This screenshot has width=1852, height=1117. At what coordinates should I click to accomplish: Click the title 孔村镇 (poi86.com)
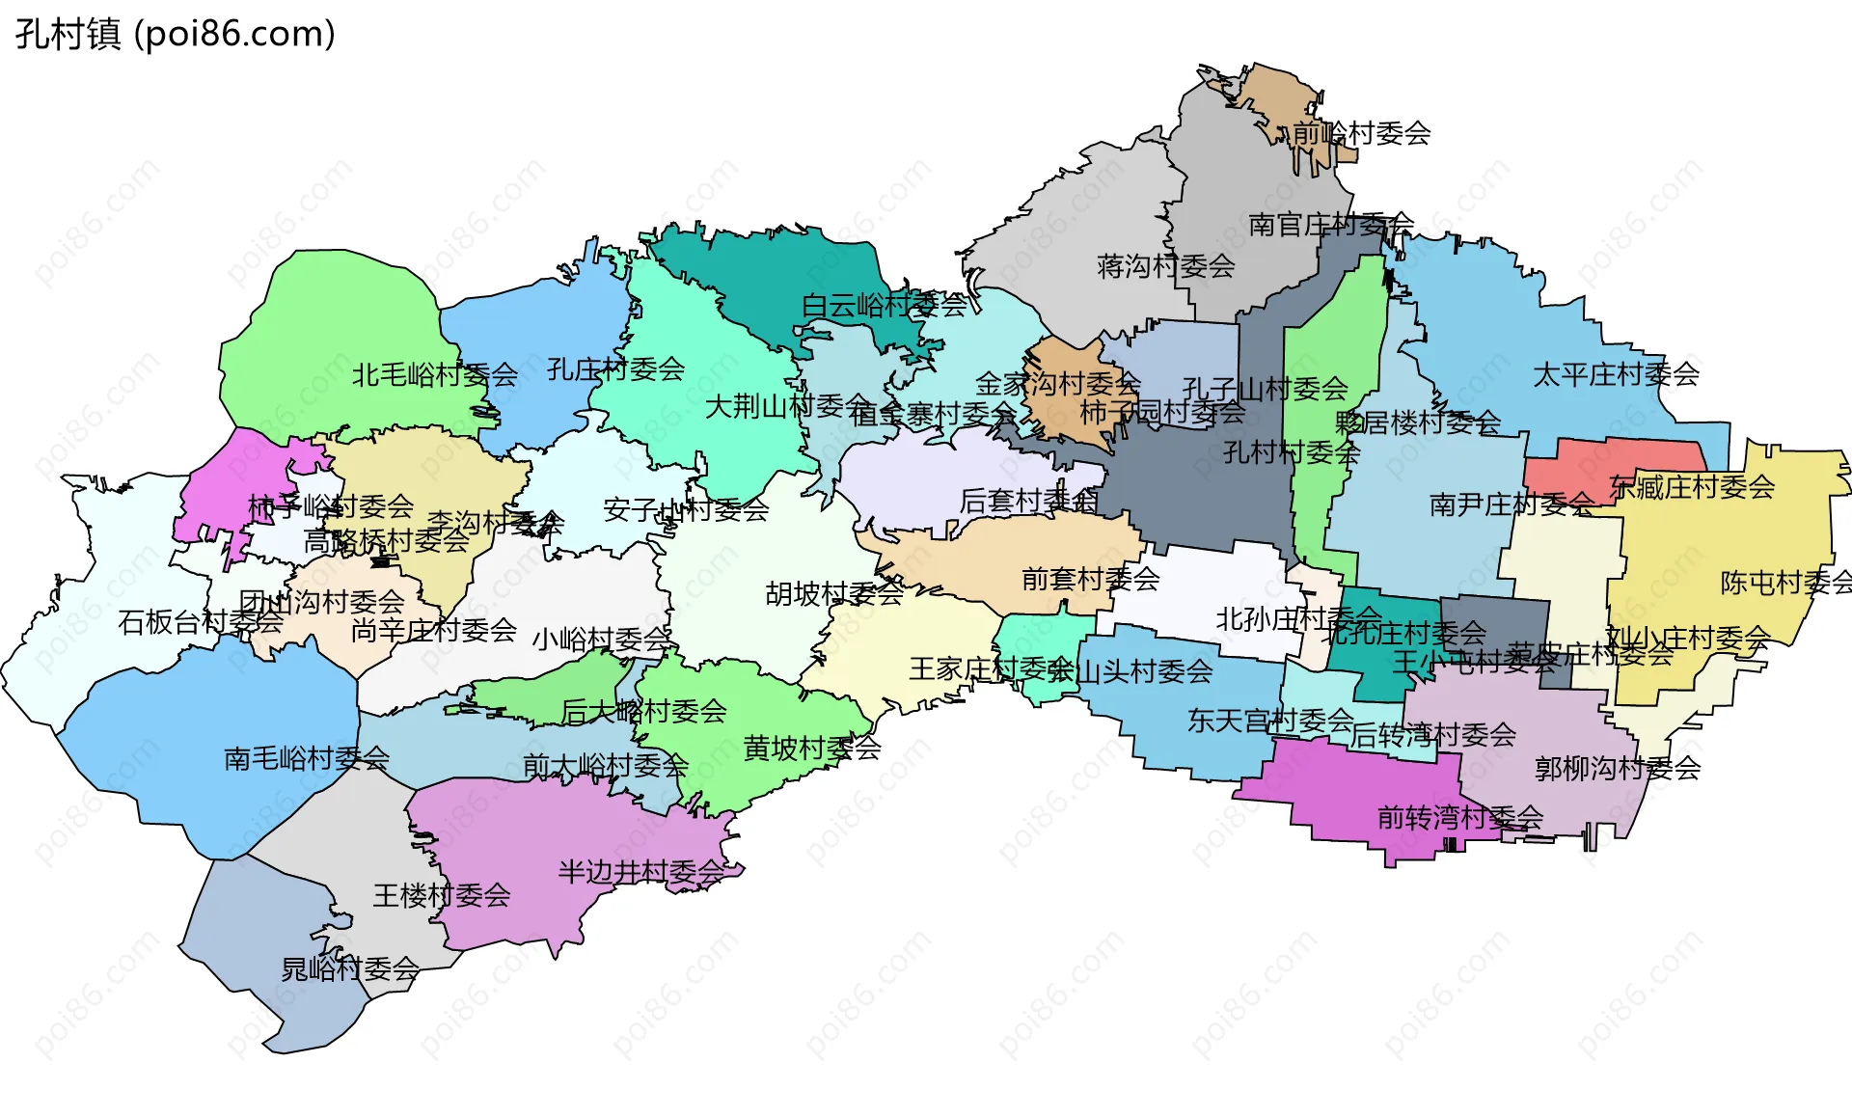click(176, 34)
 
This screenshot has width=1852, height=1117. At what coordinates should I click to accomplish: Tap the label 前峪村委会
click(1361, 133)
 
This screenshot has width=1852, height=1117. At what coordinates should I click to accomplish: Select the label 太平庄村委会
click(1616, 374)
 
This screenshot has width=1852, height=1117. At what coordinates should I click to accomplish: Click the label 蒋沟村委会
click(1165, 266)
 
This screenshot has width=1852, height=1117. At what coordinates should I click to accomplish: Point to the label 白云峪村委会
click(884, 306)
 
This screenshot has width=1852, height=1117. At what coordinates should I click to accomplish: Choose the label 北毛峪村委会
click(434, 374)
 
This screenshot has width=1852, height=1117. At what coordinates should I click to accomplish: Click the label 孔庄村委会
click(615, 368)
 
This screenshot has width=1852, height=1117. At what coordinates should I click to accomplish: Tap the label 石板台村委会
click(201, 622)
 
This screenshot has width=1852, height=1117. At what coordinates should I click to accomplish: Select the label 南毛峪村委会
click(307, 759)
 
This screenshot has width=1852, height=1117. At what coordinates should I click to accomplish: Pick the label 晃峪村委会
click(350, 968)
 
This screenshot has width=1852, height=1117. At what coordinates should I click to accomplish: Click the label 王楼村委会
click(442, 895)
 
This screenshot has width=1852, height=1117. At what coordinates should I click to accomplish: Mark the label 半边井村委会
click(641, 872)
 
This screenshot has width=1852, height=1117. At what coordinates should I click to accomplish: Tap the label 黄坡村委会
click(812, 748)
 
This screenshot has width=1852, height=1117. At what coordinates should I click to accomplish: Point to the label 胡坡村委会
click(834, 593)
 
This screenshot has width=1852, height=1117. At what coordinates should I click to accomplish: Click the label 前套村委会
click(1090, 579)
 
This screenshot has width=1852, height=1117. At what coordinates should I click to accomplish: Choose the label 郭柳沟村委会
click(1618, 769)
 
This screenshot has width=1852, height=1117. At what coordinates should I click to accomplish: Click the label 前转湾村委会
click(1460, 818)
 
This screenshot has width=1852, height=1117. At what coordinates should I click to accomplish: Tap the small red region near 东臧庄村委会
click(1582, 461)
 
